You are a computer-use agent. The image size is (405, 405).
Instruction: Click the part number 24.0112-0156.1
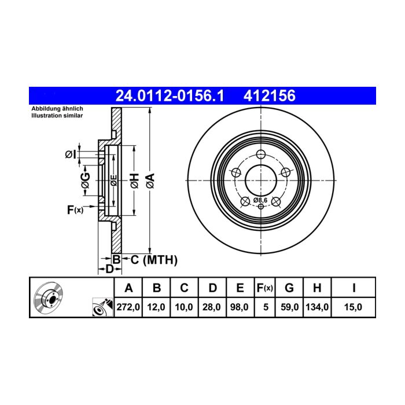[x=170, y=96]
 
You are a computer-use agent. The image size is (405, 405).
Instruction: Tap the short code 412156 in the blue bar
[x=270, y=96]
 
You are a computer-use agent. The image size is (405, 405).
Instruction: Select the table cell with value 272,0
[x=128, y=307]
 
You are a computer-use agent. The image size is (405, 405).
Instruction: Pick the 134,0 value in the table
[x=317, y=307]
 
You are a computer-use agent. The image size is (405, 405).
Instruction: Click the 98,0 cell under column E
[x=239, y=307]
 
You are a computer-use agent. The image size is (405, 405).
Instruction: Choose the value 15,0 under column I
[x=353, y=307]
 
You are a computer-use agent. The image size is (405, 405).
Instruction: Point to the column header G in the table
[x=289, y=288]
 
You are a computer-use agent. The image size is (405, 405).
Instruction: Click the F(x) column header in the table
[x=265, y=288]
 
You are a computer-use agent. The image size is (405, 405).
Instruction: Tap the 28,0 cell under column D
[x=212, y=307]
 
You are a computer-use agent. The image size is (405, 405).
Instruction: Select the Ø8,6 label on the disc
[x=260, y=200]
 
